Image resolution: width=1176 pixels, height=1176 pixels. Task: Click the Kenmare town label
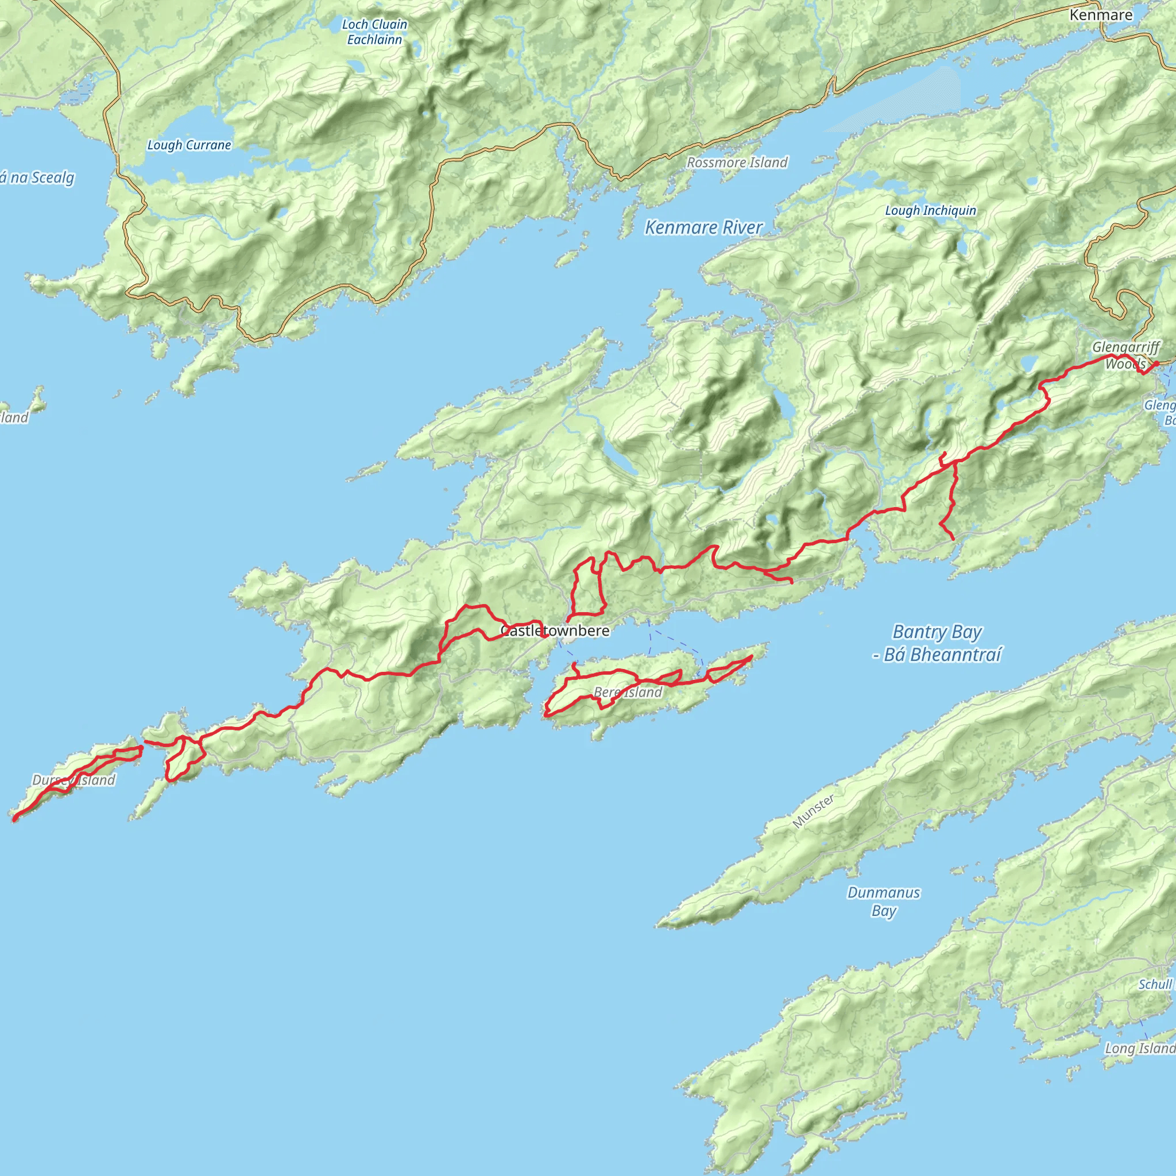point(1101,14)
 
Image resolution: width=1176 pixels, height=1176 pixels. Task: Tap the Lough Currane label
point(189,145)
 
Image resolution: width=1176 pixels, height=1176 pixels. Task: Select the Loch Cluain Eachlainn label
point(374,32)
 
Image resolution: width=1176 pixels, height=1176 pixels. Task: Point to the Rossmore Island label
point(737,163)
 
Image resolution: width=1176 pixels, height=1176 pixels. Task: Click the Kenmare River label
point(703,227)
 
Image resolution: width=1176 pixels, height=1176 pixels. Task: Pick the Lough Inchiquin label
point(930,211)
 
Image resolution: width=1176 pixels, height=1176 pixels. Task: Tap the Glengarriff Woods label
point(1125,355)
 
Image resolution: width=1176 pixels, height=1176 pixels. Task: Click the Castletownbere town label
point(555,630)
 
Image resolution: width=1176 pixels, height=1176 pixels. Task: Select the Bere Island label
point(628,692)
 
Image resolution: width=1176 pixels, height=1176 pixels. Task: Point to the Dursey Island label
point(73,780)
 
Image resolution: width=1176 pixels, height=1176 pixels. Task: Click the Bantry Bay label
point(937,643)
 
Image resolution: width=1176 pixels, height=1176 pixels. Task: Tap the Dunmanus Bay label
point(883,902)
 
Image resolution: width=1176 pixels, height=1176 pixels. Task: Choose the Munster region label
point(813,811)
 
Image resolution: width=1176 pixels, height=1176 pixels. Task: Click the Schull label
point(1155,984)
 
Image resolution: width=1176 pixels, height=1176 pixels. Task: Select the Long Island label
point(1139,1048)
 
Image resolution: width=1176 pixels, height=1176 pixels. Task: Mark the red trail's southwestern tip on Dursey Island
point(14,820)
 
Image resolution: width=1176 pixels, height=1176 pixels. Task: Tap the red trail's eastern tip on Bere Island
point(752,656)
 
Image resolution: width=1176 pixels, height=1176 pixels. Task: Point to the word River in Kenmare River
point(742,227)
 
